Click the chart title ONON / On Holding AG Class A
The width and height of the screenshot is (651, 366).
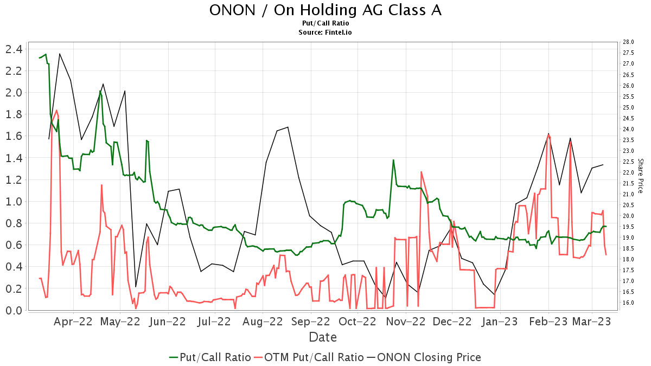click(x=325, y=10)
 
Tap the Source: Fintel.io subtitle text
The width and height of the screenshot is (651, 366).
click(x=325, y=33)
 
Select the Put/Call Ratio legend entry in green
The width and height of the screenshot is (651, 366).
click(x=210, y=357)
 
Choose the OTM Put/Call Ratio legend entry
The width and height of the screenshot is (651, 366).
click(x=309, y=357)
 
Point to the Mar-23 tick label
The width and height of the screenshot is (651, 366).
click(x=592, y=321)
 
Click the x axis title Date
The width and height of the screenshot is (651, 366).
click(x=323, y=337)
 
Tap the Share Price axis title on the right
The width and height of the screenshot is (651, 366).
click(x=640, y=176)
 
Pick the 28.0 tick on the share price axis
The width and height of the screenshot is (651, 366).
click(x=629, y=42)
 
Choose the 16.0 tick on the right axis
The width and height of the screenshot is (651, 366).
click(x=629, y=303)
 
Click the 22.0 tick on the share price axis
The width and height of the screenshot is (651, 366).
click(x=629, y=172)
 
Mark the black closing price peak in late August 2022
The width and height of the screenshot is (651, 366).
click(x=288, y=127)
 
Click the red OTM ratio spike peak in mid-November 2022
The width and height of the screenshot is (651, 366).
click(x=421, y=172)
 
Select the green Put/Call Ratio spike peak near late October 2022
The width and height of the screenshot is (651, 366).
click(x=393, y=160)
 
